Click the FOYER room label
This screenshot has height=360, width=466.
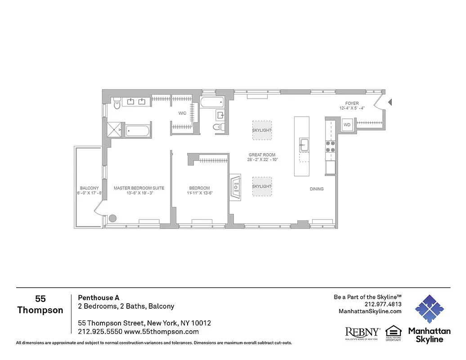pyautogui.click(x=352, y=103)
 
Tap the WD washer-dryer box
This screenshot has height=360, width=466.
pyautogui.click(x=347, y=125)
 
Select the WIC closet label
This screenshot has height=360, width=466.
pyautogui.click(x=182, y=113)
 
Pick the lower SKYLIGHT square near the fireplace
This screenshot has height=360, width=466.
pyautogui.click(x=262, y=186)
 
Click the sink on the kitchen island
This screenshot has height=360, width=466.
pyautogui.click(x=305, y=145)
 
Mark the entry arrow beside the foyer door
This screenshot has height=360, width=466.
pyautogui.click(x=390, y=103)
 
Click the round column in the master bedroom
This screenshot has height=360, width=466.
pyautogui.click(x=112, y=218)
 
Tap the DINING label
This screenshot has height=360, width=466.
pyautogui.click(x=317, y=189)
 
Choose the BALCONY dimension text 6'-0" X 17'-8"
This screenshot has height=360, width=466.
pyautogui.click(x=90, y=193)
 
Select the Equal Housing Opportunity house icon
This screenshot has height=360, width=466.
pyautogui.click(x=393, y=331)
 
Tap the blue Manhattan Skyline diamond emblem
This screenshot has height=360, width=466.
pyautogui.click(x=429, y=310)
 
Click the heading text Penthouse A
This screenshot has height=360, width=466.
pyautogui.click(x=99, y=297)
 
